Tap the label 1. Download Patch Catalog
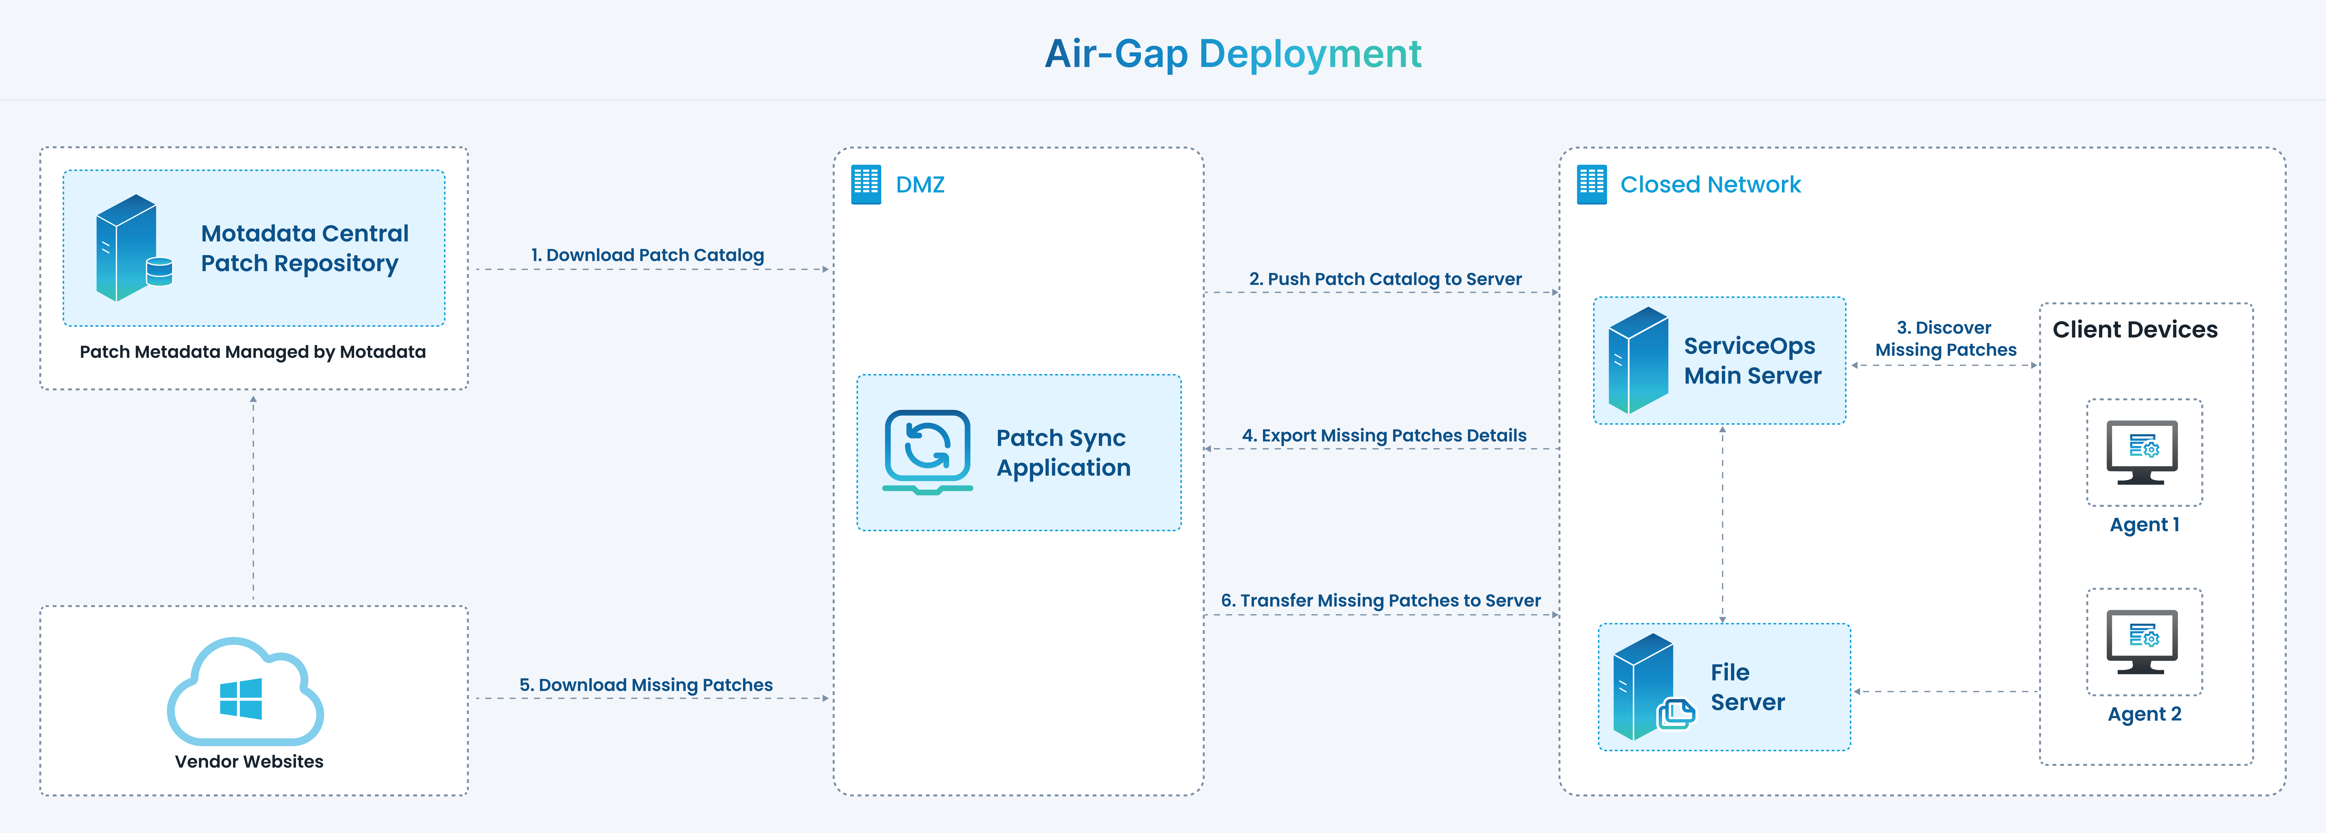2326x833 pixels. click(x=647, y=256)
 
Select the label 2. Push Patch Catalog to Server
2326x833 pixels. click(x=1385, y=279)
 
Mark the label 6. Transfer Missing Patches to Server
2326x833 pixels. click(x=1381, y=601)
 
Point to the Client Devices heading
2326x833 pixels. click(x=2134, y=330)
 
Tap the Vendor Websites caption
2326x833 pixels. click(x=249, y=762)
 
